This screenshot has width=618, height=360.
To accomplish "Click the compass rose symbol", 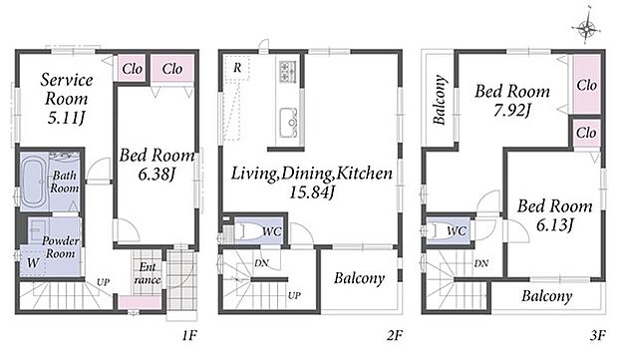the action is point(587,27).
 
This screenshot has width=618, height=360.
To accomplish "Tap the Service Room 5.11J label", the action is point(67,99).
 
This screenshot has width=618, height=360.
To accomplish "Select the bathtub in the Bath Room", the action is point(34,182).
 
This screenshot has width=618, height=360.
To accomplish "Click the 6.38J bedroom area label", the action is point(156,174).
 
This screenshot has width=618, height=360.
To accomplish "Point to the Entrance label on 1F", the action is point(148,273).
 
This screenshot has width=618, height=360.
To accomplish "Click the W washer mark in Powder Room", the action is point(33,262).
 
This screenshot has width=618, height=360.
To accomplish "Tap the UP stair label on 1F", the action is point(103,282).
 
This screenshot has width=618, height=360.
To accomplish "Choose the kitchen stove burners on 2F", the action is point(288,71).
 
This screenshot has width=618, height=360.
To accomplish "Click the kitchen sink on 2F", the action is point(289,123).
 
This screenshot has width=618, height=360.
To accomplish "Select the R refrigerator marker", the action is point(237,68).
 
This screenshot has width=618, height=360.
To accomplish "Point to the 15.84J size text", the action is point(312,192).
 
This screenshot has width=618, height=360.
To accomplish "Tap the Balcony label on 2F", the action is point(359,278).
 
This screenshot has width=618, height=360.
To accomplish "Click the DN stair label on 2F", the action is point(261,263).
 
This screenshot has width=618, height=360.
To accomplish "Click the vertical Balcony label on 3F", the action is point(440,100).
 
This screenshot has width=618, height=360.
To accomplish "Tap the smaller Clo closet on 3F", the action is point(586,133).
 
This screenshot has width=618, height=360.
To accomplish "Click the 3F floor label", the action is point(597,335).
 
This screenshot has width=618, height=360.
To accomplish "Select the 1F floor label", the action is point(189,335).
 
